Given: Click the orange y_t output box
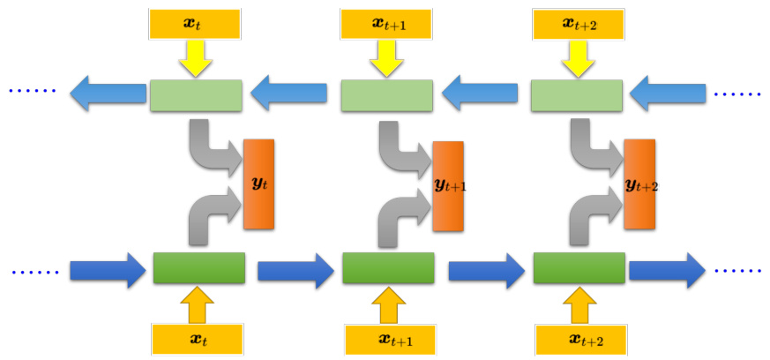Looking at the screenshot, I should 258,184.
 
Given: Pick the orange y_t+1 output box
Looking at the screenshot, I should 449,186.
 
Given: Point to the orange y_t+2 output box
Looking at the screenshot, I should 639,184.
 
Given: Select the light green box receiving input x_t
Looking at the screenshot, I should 196,95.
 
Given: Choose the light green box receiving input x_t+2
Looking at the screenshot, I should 577,95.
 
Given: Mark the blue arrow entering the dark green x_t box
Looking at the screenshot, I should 108,269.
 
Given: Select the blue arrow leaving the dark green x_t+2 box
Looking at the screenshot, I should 667,268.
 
